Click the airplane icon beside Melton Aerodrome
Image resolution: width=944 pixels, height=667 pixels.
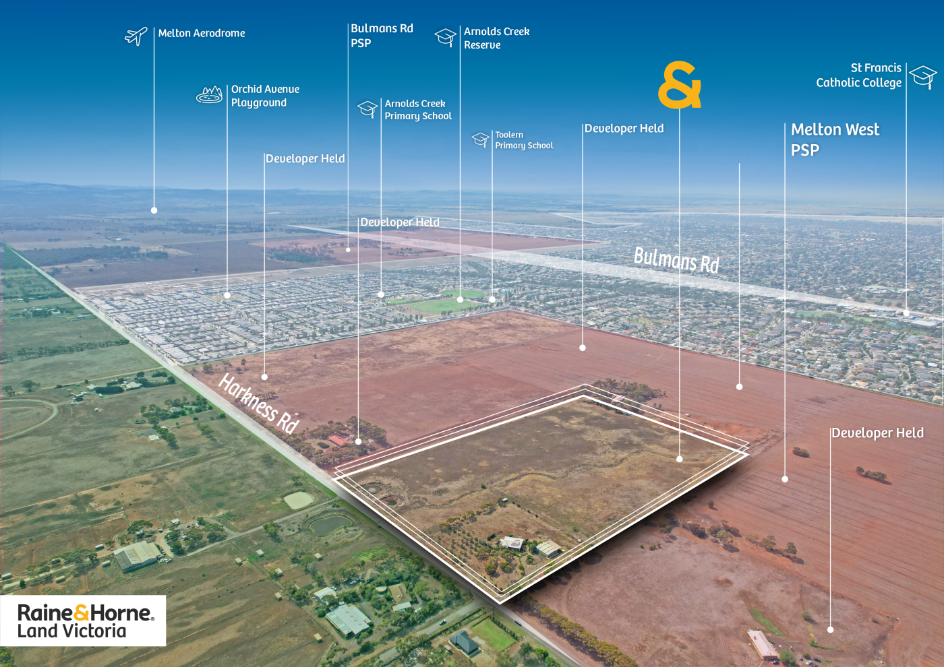click(136, 36)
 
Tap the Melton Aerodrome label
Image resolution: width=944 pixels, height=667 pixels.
click(202, 33)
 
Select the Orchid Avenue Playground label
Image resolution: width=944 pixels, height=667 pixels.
click(265, 96)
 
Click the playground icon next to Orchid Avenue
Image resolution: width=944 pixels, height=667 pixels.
click(210, 95)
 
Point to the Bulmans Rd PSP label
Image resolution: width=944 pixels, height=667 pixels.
click(382, 36)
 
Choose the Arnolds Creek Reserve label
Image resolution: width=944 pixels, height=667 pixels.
click(496, 38)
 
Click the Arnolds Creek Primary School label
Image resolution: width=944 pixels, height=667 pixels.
click(418, 110)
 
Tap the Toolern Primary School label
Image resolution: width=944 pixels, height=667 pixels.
click(524, 140)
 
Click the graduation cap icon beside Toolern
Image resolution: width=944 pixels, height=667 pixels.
click(480, 139)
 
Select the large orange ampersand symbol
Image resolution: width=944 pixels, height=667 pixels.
click(680, 85)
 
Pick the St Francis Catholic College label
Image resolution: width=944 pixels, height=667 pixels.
click(858, 75)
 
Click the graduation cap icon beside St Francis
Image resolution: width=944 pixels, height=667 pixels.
click(923, 76)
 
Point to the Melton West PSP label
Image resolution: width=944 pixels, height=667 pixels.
click(835, 139)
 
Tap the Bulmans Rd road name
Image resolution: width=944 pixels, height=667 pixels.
click(676, 260)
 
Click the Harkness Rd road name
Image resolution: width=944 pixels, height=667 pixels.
click(259, 403)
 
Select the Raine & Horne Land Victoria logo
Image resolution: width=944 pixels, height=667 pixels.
click(84, 621)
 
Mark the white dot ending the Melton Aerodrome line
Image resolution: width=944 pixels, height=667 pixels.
click(154, 210)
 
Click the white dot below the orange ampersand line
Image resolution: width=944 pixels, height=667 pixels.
click(680, 459)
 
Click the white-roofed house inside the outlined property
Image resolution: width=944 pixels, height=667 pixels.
click(512, 542)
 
